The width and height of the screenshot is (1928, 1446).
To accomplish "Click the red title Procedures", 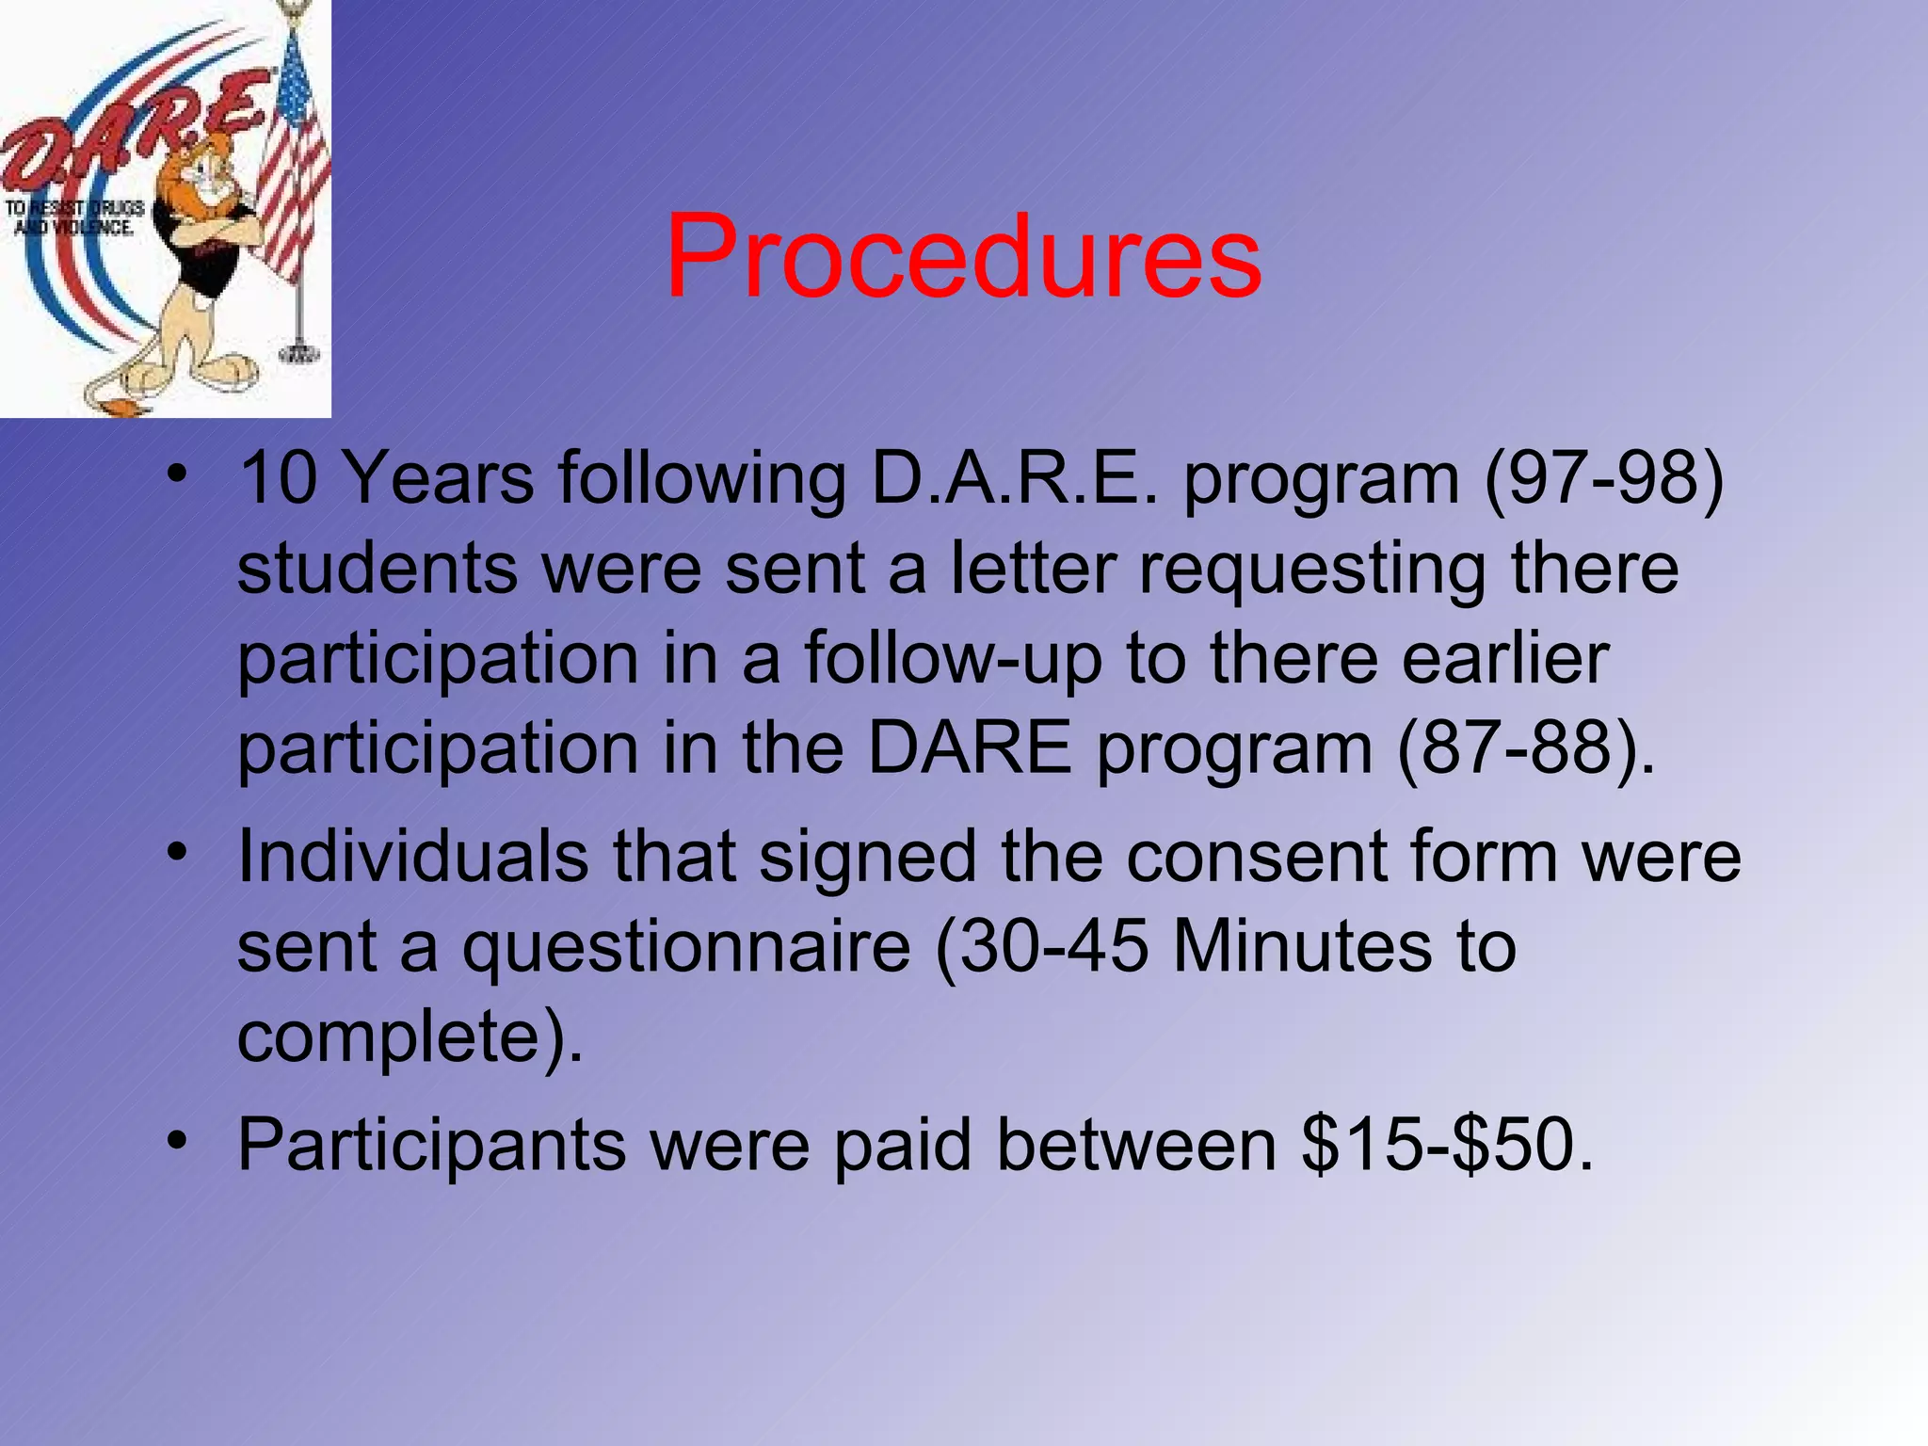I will (963, 256).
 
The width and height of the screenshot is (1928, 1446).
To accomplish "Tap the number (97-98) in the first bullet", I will (1604, 478).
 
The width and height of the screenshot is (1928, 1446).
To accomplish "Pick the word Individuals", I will (412, 857).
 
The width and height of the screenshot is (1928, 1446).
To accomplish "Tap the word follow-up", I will (953, 659).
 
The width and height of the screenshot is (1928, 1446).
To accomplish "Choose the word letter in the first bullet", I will (1033, 569).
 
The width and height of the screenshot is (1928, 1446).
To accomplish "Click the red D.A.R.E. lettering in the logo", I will (132, 137).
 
